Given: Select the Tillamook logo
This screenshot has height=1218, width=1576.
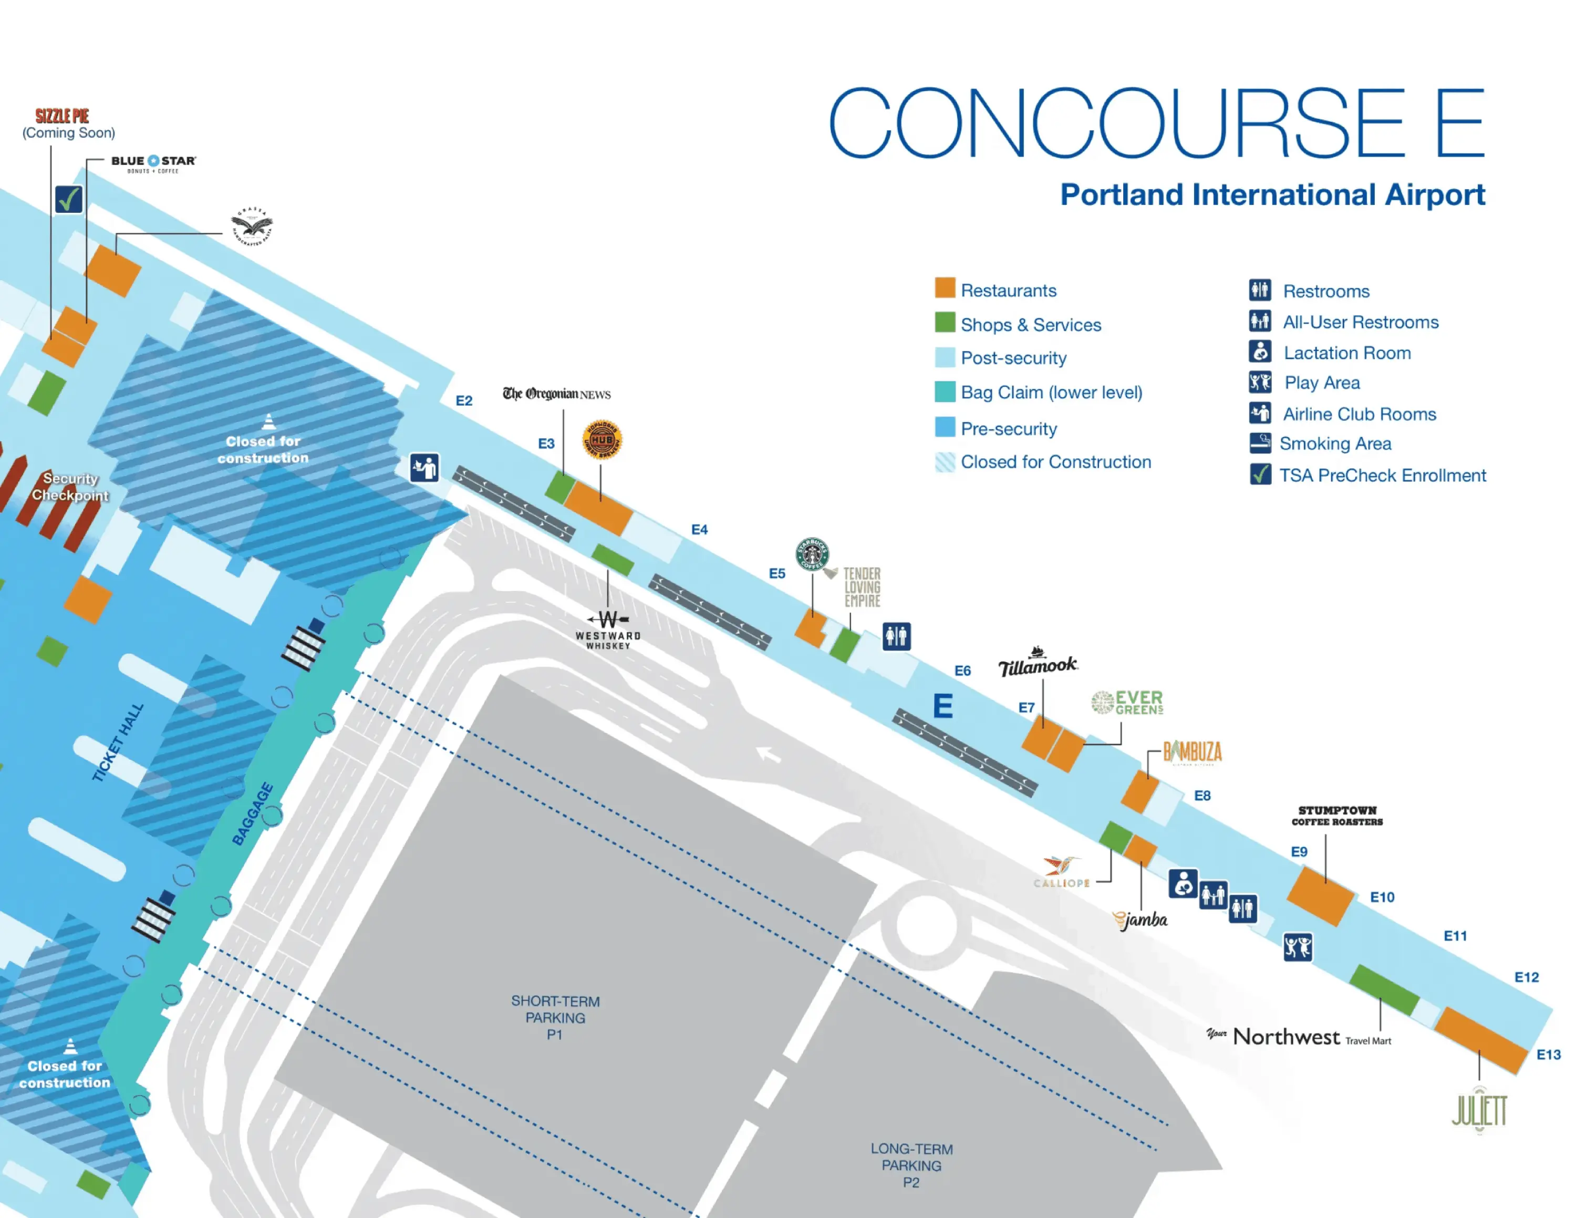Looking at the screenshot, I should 1038,664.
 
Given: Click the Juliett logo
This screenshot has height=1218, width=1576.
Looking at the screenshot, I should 1479,1111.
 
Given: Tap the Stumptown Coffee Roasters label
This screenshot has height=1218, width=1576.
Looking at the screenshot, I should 1337,816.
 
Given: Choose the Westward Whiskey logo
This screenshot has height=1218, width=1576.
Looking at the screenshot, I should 608,630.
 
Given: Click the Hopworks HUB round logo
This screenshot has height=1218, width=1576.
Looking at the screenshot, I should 602,439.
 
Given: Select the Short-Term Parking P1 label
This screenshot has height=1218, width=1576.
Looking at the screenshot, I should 555,1017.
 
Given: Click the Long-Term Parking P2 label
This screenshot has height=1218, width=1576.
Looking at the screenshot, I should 911,1165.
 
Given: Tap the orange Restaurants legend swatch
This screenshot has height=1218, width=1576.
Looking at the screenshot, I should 945,288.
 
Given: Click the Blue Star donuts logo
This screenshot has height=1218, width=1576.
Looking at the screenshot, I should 153,162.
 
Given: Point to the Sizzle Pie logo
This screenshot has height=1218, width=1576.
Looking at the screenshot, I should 63,116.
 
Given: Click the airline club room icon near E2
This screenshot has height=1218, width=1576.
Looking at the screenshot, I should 424,468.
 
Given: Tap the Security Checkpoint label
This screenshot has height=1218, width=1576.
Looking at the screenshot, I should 70,487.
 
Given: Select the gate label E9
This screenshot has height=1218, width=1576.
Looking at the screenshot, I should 1299,851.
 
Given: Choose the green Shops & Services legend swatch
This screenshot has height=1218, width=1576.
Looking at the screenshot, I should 945,323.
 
